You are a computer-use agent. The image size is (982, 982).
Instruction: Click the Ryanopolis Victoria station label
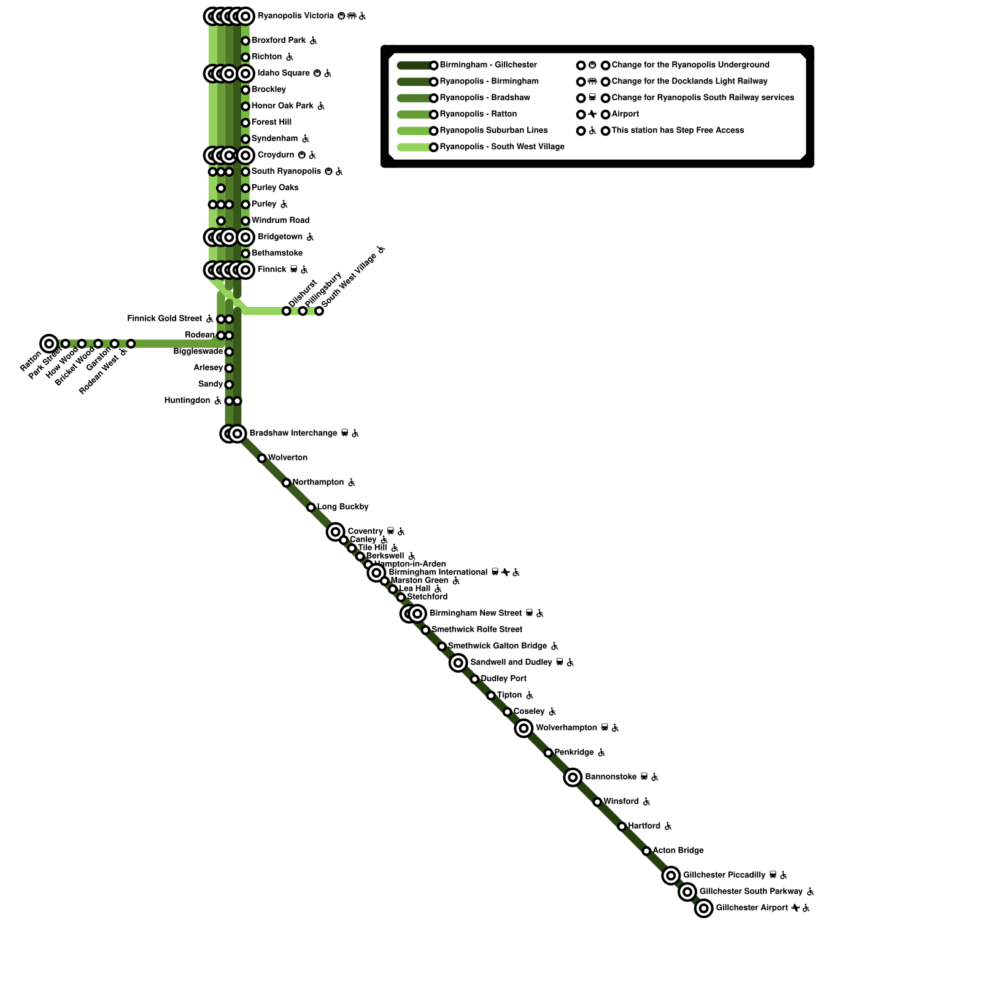(296, 16)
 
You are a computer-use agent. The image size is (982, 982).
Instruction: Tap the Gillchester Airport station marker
(704, 908)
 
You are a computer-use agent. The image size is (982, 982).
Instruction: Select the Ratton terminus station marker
(49, 344)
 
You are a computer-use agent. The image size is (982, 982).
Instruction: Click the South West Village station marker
(319, 311)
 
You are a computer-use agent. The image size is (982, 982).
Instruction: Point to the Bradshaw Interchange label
(293, 433)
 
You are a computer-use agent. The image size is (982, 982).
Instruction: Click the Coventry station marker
(335, 532)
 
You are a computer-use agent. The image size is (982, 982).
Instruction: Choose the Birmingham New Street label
(475, 613)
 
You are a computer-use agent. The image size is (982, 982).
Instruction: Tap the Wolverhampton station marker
(524, 728)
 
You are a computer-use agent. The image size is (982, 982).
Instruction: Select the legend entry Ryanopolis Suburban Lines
(493, 130)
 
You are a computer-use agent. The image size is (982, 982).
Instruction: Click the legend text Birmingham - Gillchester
(488, 65)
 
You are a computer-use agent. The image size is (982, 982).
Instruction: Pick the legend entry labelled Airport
(625, 114)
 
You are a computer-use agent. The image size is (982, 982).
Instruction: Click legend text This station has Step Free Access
(678, 130)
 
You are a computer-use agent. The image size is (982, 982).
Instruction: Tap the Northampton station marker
(287, 483)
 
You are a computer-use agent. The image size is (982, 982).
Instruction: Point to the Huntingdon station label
(187, 401)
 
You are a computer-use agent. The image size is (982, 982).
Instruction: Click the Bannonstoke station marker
(573, 777)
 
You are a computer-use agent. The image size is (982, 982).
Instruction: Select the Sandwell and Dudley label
(511, 662)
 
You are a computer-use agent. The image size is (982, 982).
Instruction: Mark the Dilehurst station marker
(287, 311)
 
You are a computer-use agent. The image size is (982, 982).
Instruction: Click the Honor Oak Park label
(282, 106)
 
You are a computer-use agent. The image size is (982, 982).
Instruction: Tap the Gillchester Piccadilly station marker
(671, 875)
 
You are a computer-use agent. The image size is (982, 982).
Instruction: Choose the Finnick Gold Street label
(164, 319)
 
